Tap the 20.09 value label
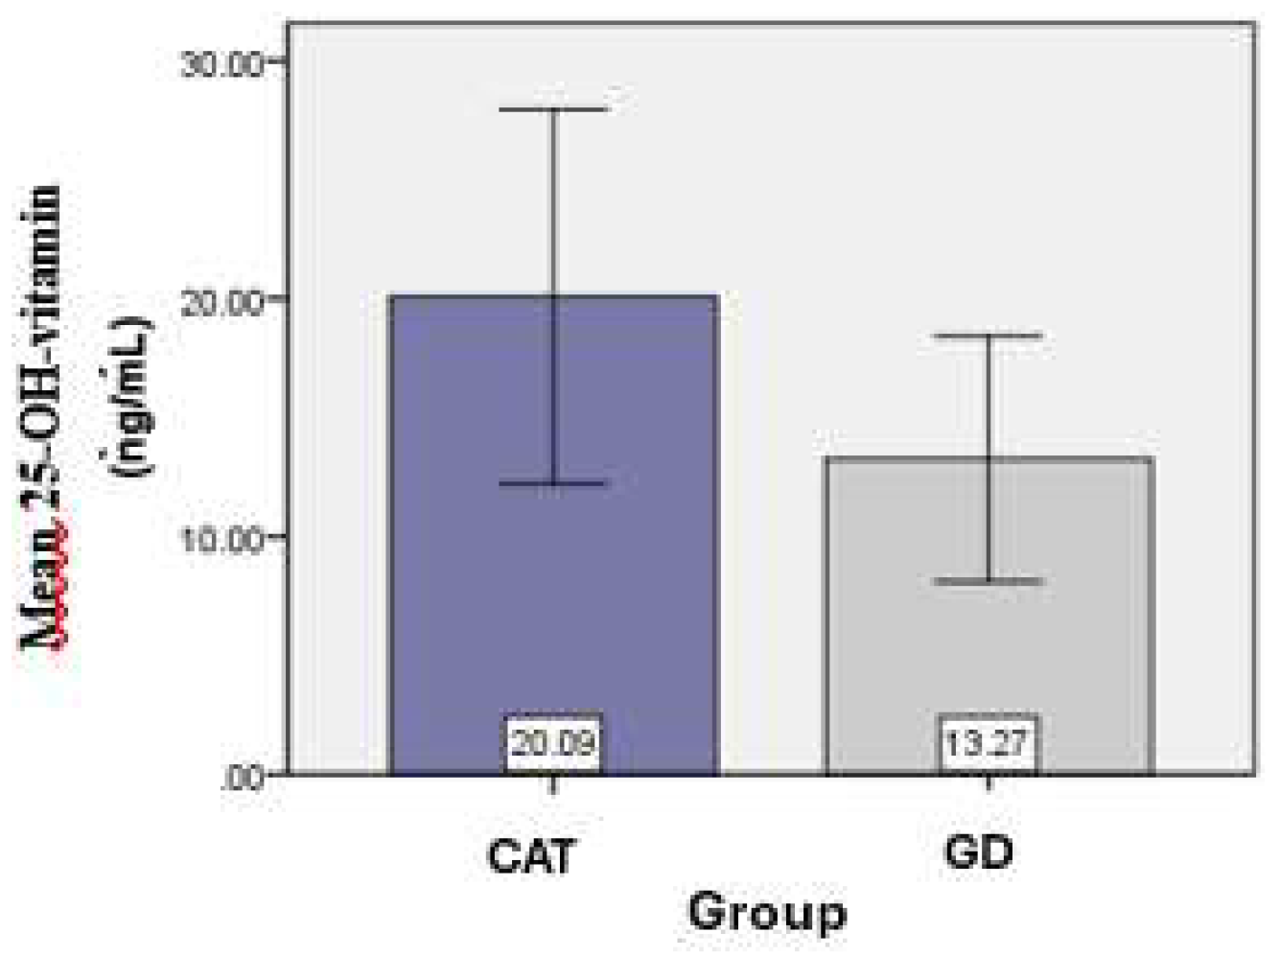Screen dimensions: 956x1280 coord(553,742)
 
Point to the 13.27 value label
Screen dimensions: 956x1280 coord(988,743)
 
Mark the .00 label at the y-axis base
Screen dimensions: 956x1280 coord(241,776)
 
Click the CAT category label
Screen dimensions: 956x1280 coord(531,854)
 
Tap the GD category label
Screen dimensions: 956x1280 coord(978,851)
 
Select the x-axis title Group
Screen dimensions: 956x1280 coord(767,911)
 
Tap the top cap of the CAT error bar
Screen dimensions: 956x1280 coord(554,109)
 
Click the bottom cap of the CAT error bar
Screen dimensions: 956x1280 coord(554,483)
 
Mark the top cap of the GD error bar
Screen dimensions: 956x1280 coord(989,336)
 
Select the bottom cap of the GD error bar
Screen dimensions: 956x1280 coord(989,581)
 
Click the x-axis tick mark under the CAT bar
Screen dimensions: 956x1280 coord(553,783)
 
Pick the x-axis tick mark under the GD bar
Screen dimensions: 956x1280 coord(989,783)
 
